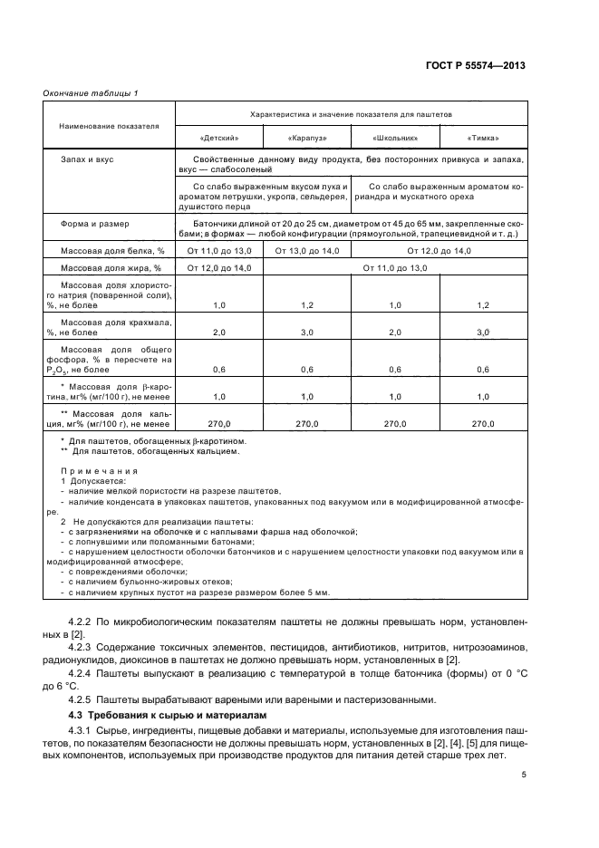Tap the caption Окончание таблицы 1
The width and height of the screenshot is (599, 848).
click(91, 93)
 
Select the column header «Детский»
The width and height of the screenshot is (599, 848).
click(218, 139)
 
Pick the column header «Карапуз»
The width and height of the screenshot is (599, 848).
click(306, 139)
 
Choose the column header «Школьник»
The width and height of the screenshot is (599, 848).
click(394, 139)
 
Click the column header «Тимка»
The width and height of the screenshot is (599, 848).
click(482, 139)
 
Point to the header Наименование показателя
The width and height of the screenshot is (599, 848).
click(110, 126)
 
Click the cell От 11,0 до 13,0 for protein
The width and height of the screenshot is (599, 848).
click(218, 250)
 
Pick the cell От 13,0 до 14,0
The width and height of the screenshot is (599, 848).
click(306, 250)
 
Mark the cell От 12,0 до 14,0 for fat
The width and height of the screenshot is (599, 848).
click(218, 268)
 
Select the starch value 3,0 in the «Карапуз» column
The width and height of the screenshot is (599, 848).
click(306, 333)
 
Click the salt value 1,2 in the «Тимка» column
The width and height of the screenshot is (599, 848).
click(482, 306)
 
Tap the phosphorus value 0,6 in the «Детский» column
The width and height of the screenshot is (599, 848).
click(218, 370)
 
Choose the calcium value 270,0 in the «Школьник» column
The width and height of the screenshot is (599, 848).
click(394, 423)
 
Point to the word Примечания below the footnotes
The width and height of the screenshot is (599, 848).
click(98, 471)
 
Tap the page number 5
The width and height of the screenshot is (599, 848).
click(524, 776)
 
